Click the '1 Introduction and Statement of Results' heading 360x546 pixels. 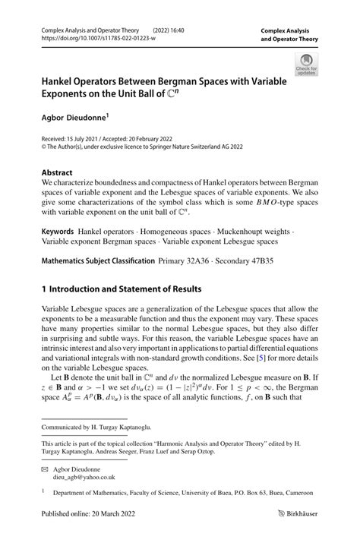(x=121, y=289)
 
